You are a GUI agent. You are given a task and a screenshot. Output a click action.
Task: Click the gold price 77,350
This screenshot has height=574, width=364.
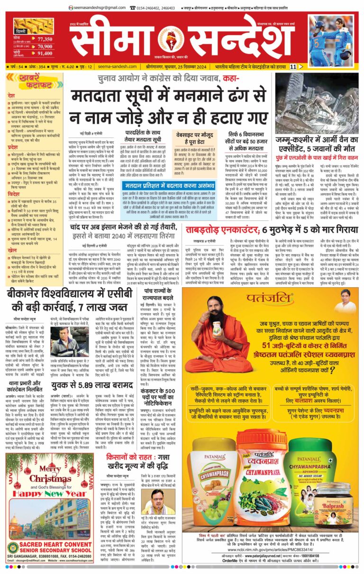coord(45,39)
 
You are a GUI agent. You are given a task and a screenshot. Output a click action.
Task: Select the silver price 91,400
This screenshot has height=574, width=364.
coord(45,54)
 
